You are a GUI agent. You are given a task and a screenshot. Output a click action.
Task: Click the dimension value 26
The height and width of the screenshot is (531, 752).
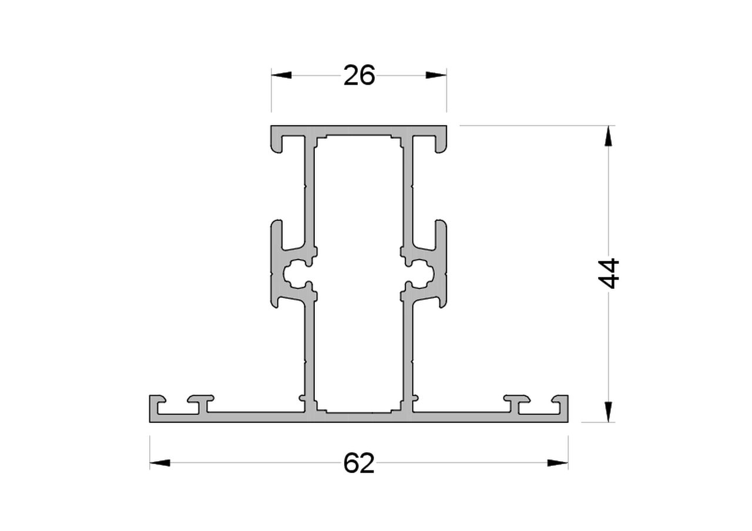(x=359, y=76)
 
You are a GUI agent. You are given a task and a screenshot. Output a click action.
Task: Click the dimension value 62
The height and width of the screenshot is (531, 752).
(x=358, y=463)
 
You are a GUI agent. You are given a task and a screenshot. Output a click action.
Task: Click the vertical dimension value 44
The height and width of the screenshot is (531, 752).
(x=608, y=273)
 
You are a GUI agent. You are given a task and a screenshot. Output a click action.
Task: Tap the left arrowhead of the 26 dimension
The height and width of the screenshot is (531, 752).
(x=281, y=75)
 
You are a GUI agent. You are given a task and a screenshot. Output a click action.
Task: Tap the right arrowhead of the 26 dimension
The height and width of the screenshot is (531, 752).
(x=436, y=75)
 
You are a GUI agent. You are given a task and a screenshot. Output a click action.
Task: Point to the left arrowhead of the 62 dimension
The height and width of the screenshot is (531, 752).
(x=160, y=463)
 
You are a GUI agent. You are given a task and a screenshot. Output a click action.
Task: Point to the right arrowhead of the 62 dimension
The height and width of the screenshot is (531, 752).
(x=558, y=463)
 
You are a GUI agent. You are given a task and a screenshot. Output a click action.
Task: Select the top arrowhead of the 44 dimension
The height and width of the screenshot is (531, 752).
(x=608, y=136)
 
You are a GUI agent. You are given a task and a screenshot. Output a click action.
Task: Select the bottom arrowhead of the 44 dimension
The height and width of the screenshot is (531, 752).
(x=608, y=412)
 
